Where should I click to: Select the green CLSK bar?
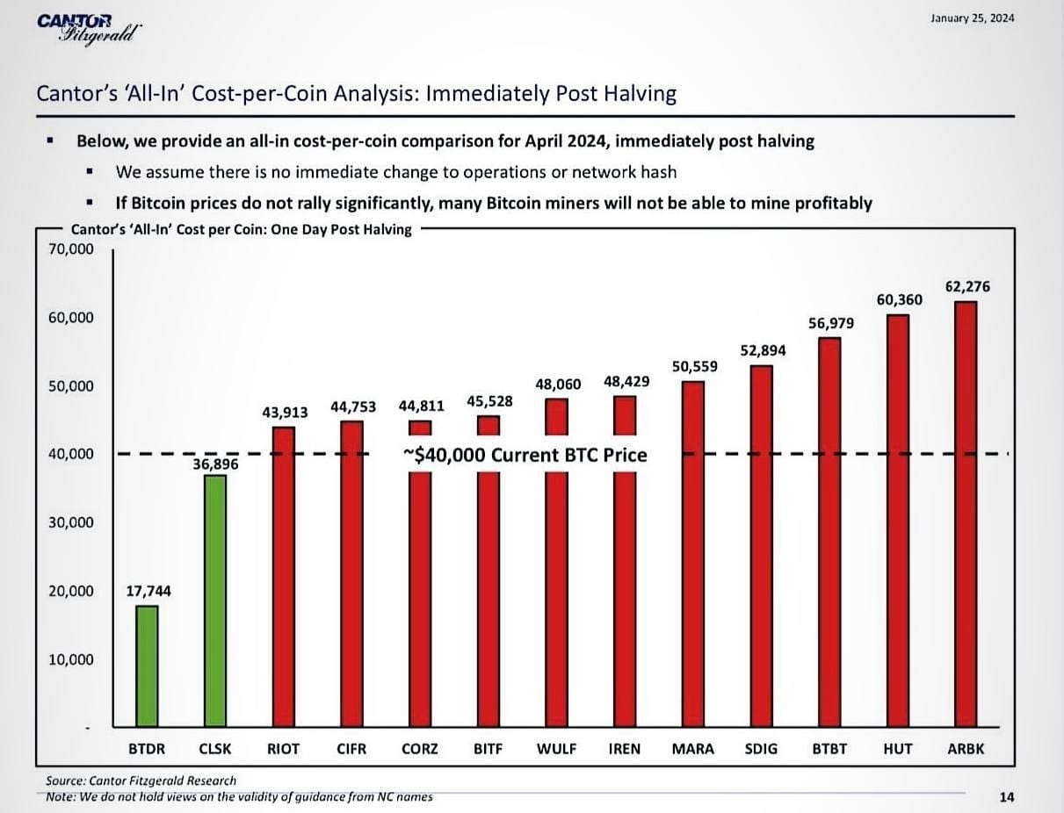point(215,601)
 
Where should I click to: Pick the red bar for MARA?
point(693,553)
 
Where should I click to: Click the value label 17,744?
point(148,592)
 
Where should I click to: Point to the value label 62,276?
point(967,287)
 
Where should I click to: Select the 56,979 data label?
point(830,324)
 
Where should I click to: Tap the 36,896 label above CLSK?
point(215,463)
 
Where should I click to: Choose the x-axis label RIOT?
point(283,749)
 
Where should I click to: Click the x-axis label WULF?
point(556,749)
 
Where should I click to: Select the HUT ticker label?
point(897,749)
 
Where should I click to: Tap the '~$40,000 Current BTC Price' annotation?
point(525,455)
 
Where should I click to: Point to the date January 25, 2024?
point(972,19)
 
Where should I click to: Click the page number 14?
point(1007,797)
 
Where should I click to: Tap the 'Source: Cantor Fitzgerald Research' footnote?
point(141,780)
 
